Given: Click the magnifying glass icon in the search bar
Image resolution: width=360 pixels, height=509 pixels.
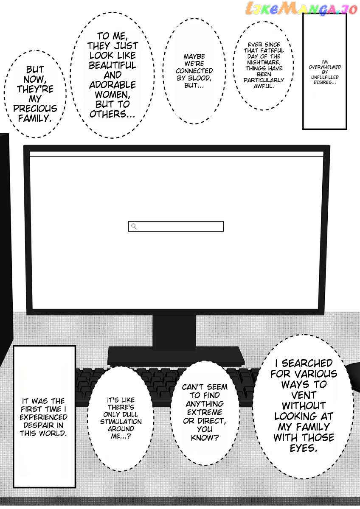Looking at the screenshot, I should pyautogui.click(x=134, y=227).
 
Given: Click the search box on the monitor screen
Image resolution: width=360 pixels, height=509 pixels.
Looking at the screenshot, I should pyautogui.click(x=180, y=227).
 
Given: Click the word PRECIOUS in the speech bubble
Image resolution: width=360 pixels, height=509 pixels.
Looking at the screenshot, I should pyautogui.click(x=35, y=109).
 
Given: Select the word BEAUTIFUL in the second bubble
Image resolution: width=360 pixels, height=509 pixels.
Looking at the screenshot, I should pyautogui.click(x=112, y=65).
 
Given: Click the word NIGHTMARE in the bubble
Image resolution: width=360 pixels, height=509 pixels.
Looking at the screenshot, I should pyautogui.click(x=264, y=62).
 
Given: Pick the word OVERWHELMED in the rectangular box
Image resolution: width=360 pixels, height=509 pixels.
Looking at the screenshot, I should pyautogui.click(x=325, y=67).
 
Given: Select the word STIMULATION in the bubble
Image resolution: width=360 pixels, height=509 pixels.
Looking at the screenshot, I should pyautogui.click(x=121, y=422).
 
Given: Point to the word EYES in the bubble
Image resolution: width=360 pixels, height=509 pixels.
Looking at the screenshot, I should pyautogui.click(x=304, y=448).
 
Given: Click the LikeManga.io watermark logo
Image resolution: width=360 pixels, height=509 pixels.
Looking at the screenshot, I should pyautogui.click(x=296, y=8).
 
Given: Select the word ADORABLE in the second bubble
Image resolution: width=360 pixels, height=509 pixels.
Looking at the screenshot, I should pyautogui.click(x=112, y=84).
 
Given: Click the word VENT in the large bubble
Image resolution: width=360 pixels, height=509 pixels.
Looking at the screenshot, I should pyautogui.click(x=304, y=395).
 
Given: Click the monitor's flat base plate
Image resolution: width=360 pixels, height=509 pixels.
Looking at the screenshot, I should pyautogui.click(x=176, y=355).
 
